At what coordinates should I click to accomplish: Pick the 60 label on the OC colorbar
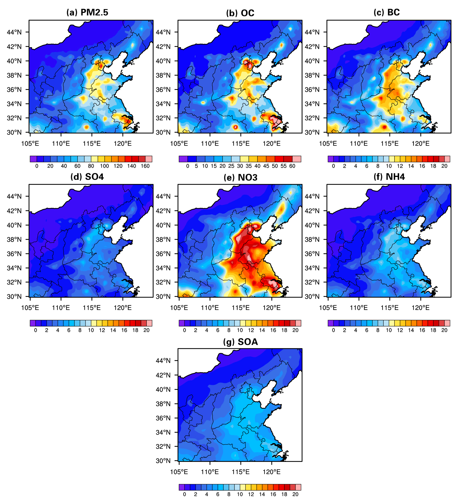pos(292,166)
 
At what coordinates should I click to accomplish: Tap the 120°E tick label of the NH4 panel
pos(420,308)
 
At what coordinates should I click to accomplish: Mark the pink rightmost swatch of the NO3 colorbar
pos(298,323)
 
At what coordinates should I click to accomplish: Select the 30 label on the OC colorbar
pos(240,166)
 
